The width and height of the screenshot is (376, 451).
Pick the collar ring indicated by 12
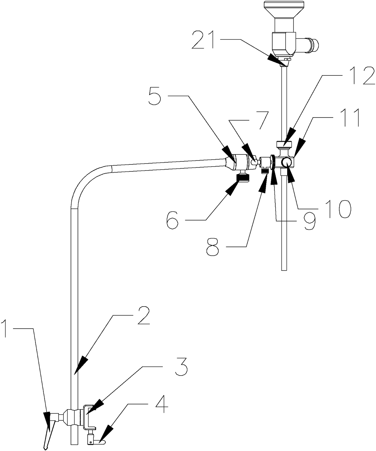284,144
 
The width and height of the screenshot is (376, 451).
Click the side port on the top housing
310,45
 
